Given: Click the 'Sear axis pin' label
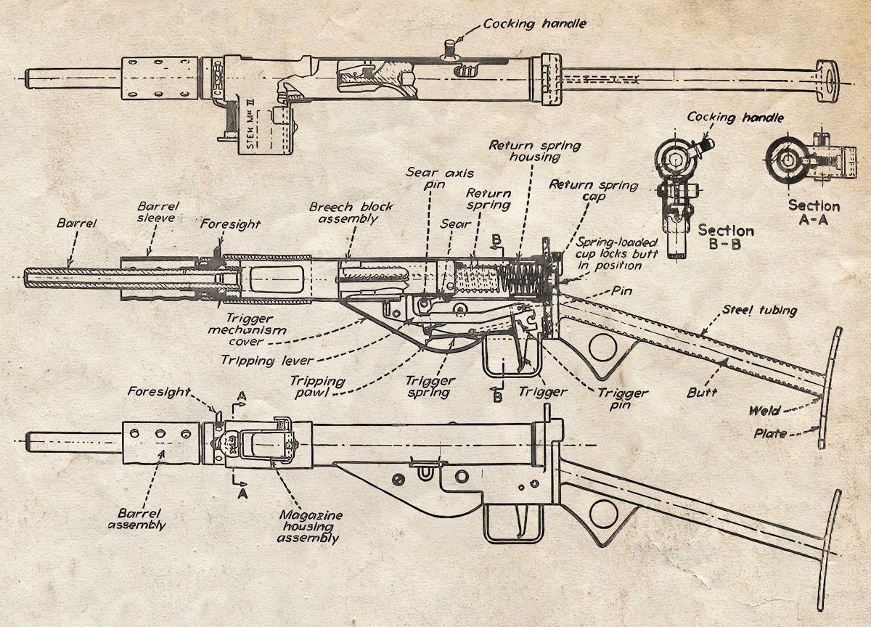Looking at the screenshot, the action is (440, 178).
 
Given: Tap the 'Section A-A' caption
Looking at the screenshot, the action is (814, 212).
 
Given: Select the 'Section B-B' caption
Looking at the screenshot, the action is (726, 237).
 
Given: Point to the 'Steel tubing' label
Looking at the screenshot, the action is (759, 310).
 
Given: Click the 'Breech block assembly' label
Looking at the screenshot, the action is (351, 213).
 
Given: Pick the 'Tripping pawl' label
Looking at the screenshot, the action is (318, 387).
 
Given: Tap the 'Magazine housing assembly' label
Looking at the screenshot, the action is (310, 527).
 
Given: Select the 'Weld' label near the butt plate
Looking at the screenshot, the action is (764, 411).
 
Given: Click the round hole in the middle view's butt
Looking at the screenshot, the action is (603, 346).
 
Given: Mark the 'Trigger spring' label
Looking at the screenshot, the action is (430, 387).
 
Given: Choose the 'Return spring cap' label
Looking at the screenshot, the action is (594, 190).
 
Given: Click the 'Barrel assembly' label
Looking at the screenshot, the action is (137, 520).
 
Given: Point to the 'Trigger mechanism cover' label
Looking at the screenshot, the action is (248, 330).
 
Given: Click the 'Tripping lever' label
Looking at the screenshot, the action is (267, 361).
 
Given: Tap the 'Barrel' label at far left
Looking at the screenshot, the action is (76, 223).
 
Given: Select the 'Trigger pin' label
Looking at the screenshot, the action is (623, 399).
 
